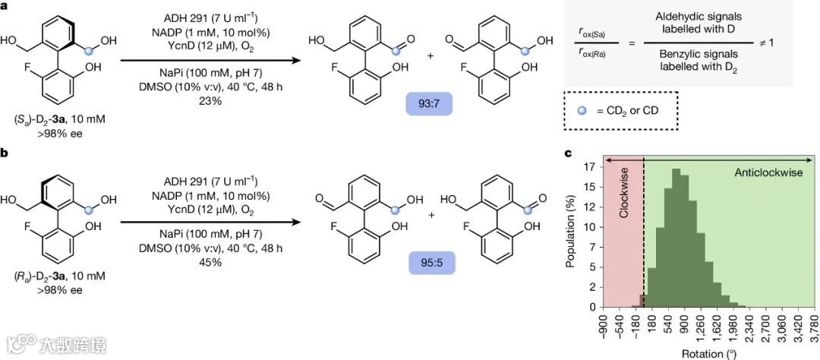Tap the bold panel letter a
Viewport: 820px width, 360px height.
(5, 5)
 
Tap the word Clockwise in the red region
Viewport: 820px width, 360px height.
(624, 202)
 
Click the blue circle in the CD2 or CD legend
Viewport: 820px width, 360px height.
(581, 109)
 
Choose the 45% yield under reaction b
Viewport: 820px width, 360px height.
(199, 262)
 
